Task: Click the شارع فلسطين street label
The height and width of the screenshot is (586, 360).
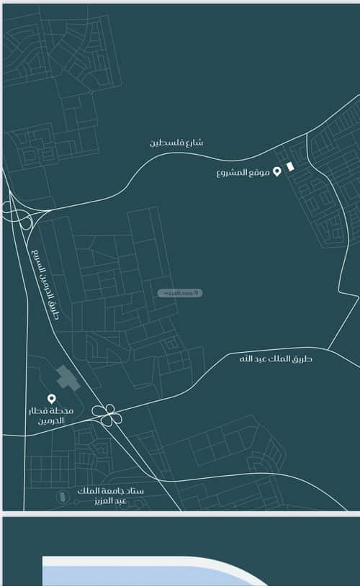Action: point(176,143)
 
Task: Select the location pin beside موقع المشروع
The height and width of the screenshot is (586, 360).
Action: point(276,172)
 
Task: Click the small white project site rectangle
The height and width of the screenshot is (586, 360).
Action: point(290,166)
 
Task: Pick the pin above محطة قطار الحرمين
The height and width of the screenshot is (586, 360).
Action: point(51,398)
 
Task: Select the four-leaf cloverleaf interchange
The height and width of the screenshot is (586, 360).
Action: point(107,414)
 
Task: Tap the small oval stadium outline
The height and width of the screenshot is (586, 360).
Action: point(66,496)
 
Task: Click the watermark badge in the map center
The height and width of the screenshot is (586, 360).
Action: point(179,293)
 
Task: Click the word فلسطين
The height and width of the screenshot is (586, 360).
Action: point(165,143)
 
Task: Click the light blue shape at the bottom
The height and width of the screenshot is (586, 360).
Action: point(144,572)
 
